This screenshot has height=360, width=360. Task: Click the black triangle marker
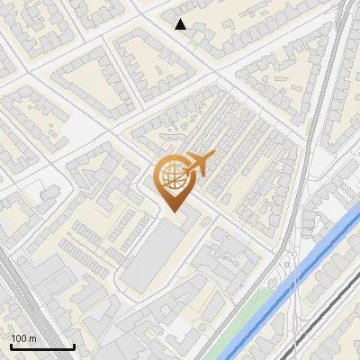(x=181, y=24)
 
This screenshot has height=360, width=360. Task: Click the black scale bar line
(x=42, y=347)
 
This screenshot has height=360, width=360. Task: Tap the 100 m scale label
(x=23, y=338)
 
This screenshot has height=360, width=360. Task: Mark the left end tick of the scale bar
(x=11, y=346)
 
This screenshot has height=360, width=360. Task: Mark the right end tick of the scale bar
(x=74, y=346)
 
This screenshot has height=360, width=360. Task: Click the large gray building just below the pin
(x=157, y=256)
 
